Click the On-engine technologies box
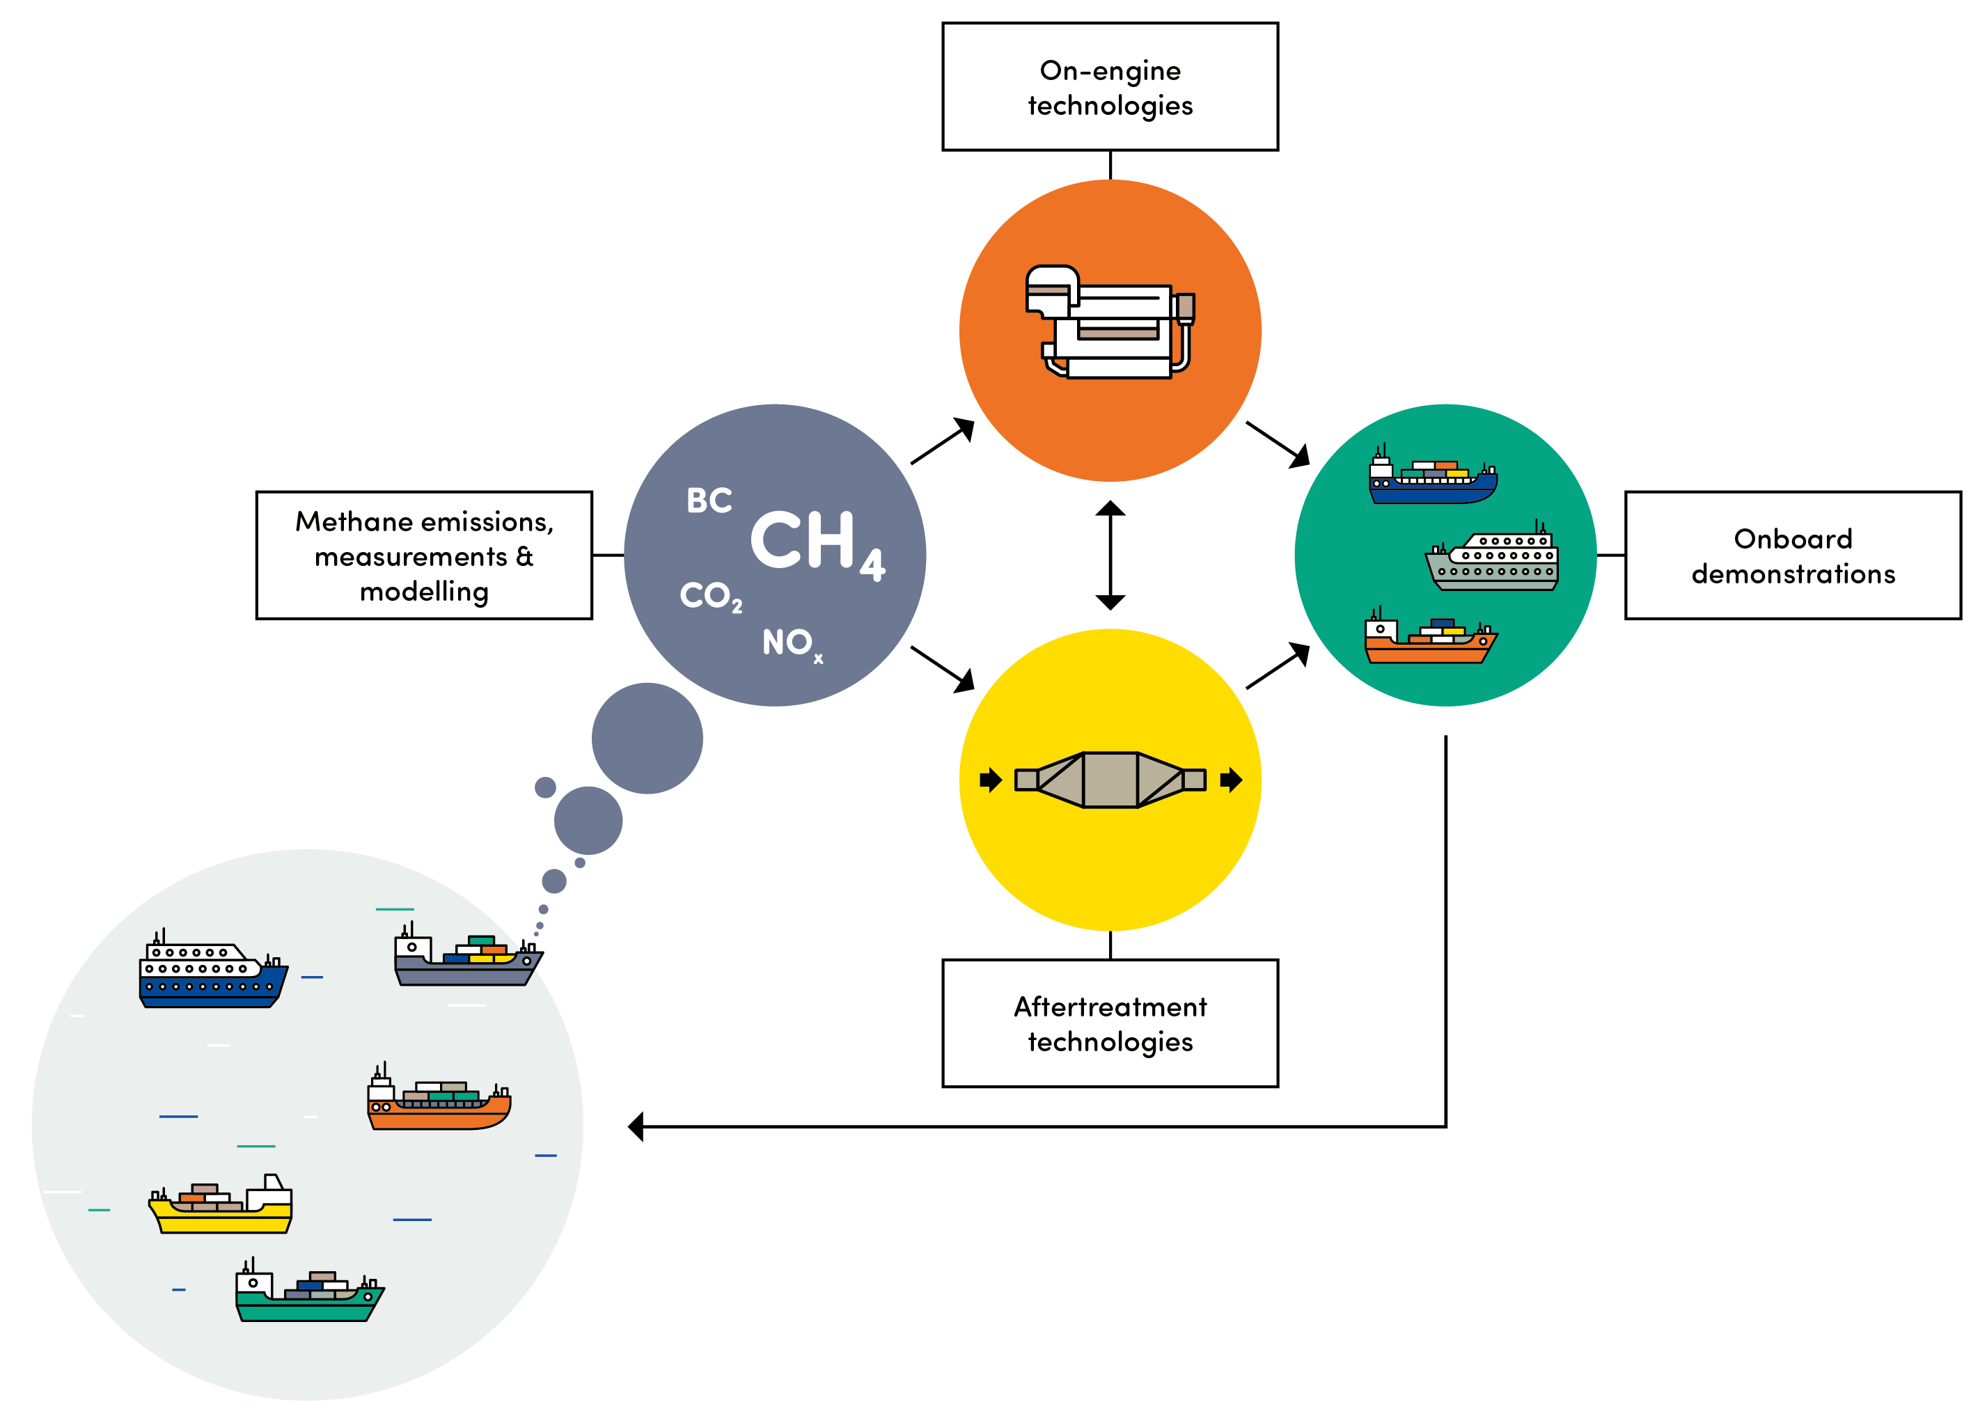coord(1109,86)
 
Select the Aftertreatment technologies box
coord(1109,1023)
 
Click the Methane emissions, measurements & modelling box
coord(424,555)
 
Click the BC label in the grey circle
coord(708,501)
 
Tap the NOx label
coord(790,643)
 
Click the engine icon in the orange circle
coord(1109,322)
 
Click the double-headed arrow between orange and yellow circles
coord(1109,555)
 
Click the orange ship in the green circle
coord(1429,639)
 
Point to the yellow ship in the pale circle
coord(221,1206)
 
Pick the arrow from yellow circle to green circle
coord(1278,666)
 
